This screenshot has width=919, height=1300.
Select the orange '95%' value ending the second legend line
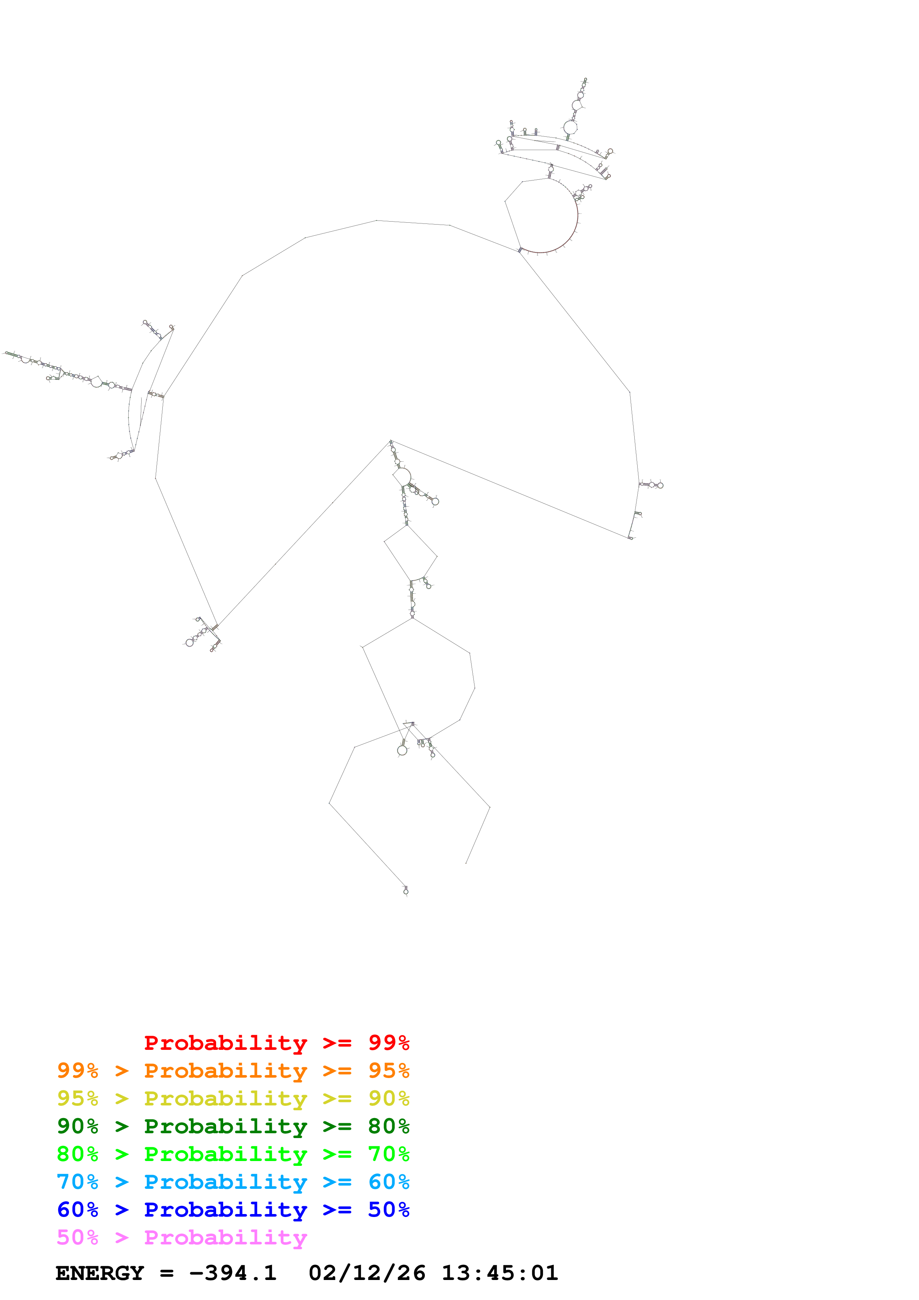tap(389, 1071)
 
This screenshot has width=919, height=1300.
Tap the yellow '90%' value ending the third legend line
tap(389, 1098)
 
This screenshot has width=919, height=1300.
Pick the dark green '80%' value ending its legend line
tap(389, 1126)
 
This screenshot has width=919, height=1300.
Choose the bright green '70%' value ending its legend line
tap(389, 1154)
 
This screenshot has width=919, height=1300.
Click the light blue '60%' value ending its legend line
tap(389, 1182)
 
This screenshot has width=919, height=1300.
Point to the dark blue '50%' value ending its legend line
tap(389, 1210)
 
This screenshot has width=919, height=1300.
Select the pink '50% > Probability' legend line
tap(182, 1237)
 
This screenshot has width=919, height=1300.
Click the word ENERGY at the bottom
tap(100, 1273)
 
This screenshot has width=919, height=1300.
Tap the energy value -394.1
tap(233, 1273)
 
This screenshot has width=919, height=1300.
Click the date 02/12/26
tap(367, 1273)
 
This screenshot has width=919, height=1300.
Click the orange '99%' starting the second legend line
tap(77, 1071)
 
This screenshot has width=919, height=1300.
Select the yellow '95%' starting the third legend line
tap(77, 1098)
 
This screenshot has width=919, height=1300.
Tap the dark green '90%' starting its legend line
tap(77, 1126)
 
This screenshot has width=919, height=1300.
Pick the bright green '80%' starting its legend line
tap(77, 1154)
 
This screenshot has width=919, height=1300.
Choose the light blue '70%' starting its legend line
tap(77, 1182)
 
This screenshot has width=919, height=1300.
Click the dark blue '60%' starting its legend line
tap(77, 1210)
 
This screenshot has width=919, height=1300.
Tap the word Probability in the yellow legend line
tap(225, 1098)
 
